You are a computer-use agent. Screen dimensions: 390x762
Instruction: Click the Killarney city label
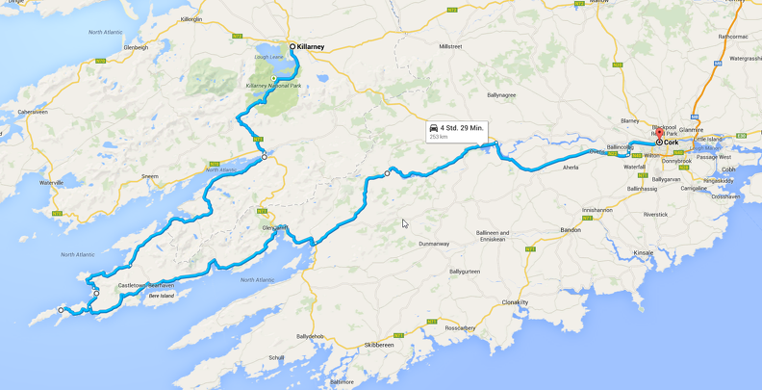313,46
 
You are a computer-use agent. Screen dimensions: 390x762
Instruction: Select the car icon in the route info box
434,127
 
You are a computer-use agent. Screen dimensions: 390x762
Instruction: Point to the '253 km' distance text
439,137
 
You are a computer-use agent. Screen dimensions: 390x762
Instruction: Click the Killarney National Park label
273,86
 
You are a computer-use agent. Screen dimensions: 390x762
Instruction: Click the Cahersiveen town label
26,112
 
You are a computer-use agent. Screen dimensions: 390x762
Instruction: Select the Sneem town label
148,176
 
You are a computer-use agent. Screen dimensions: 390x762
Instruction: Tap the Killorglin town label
190,19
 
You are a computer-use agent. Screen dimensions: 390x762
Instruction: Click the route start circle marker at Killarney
292,46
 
